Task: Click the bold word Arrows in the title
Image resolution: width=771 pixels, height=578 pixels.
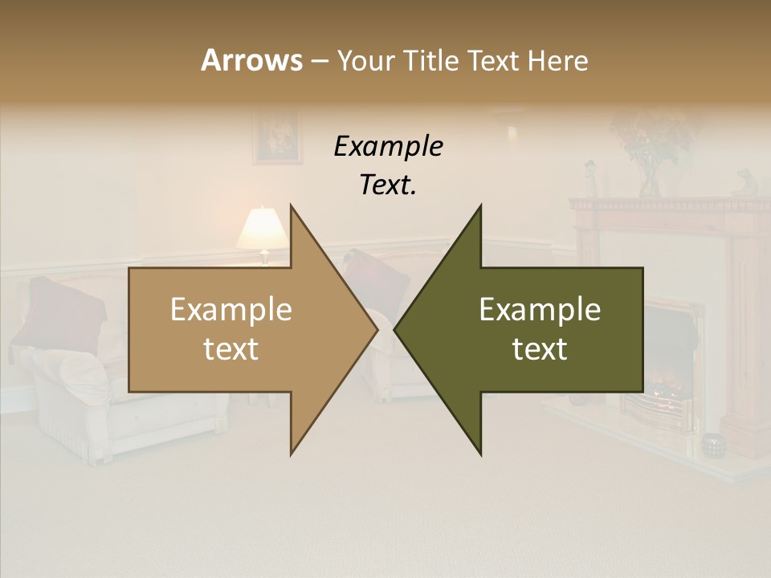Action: [x=251, y=60]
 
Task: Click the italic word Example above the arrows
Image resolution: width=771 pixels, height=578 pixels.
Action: [x=388, y=146]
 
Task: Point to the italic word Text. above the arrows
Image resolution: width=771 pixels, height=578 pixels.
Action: [x=388, y=185]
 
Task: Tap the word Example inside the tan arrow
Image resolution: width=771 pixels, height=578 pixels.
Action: [x=231, y=310]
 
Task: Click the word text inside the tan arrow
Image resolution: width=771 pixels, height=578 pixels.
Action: [x=231, y=349]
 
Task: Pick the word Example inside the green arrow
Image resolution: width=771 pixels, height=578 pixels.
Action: [x=540, y=310]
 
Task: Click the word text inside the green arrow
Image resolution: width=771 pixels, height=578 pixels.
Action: [x=540, y=349]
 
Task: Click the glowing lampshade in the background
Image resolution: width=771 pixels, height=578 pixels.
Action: [x=262, y=228]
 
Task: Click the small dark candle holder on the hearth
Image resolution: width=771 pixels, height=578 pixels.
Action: [x=712, y=444]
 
